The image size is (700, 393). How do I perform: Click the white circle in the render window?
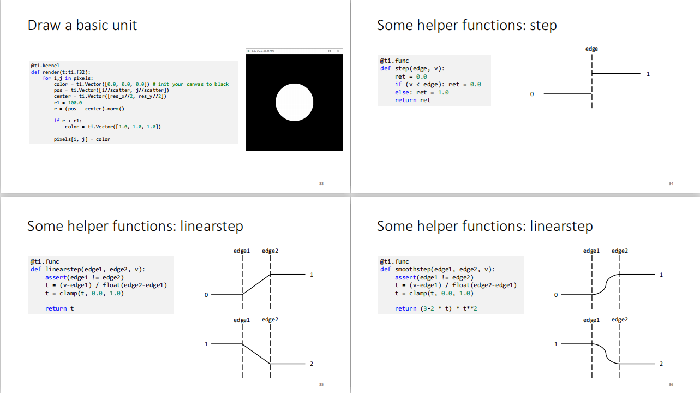(x=294, y=102)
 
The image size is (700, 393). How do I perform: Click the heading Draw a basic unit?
(x=82, y=25)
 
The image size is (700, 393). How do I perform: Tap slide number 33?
(x=321, y=184)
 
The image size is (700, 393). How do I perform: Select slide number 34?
(x=671, y=184)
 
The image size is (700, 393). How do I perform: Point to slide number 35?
(x=321, y=385)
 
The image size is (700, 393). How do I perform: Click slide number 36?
(x=671, y=385)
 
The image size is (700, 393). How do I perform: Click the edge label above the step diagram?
(x=591, y=49)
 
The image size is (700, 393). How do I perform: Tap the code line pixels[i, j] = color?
(x=82, y=139)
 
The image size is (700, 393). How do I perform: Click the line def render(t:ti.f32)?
(x=61, y=72)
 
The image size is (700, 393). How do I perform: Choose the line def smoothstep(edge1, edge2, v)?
(x=437, y=269)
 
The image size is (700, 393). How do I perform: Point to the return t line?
(x=56, y=308)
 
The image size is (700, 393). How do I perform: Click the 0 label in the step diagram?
(x=531, y=94)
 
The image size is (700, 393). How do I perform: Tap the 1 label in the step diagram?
(x=648, y=74)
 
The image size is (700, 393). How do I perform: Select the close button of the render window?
(x=338, y=51)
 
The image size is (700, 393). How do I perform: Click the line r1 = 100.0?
(x=68, y=102)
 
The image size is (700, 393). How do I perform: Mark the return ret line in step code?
(x=412, y=100)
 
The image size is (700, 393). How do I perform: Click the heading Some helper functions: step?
(x=466, y=25)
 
